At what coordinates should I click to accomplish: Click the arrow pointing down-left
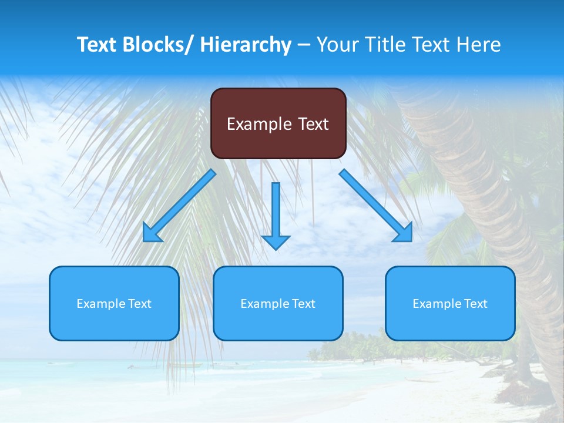click(182, 203)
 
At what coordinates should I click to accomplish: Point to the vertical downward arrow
click(276, 211)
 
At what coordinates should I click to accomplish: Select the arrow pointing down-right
click(373, 203)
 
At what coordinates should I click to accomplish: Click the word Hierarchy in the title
click(245, 45)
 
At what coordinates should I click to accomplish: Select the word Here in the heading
click(481, 45)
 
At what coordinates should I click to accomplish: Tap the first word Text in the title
click(96, 45)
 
